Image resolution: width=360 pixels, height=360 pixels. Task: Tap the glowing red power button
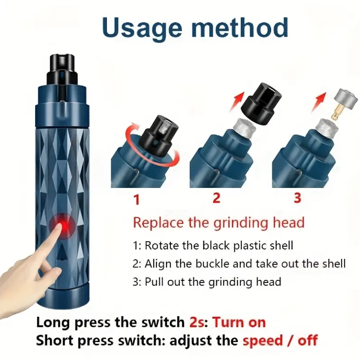[62, 226]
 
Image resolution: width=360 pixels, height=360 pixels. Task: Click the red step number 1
[137, 199]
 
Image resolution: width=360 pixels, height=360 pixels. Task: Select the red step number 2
[216, 198]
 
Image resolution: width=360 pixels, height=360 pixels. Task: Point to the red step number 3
[297, 198]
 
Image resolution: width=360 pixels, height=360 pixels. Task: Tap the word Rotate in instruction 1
[162, 246]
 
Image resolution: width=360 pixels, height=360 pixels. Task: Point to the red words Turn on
[239, 322]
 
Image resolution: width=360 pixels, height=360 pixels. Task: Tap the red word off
[308, 340]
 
